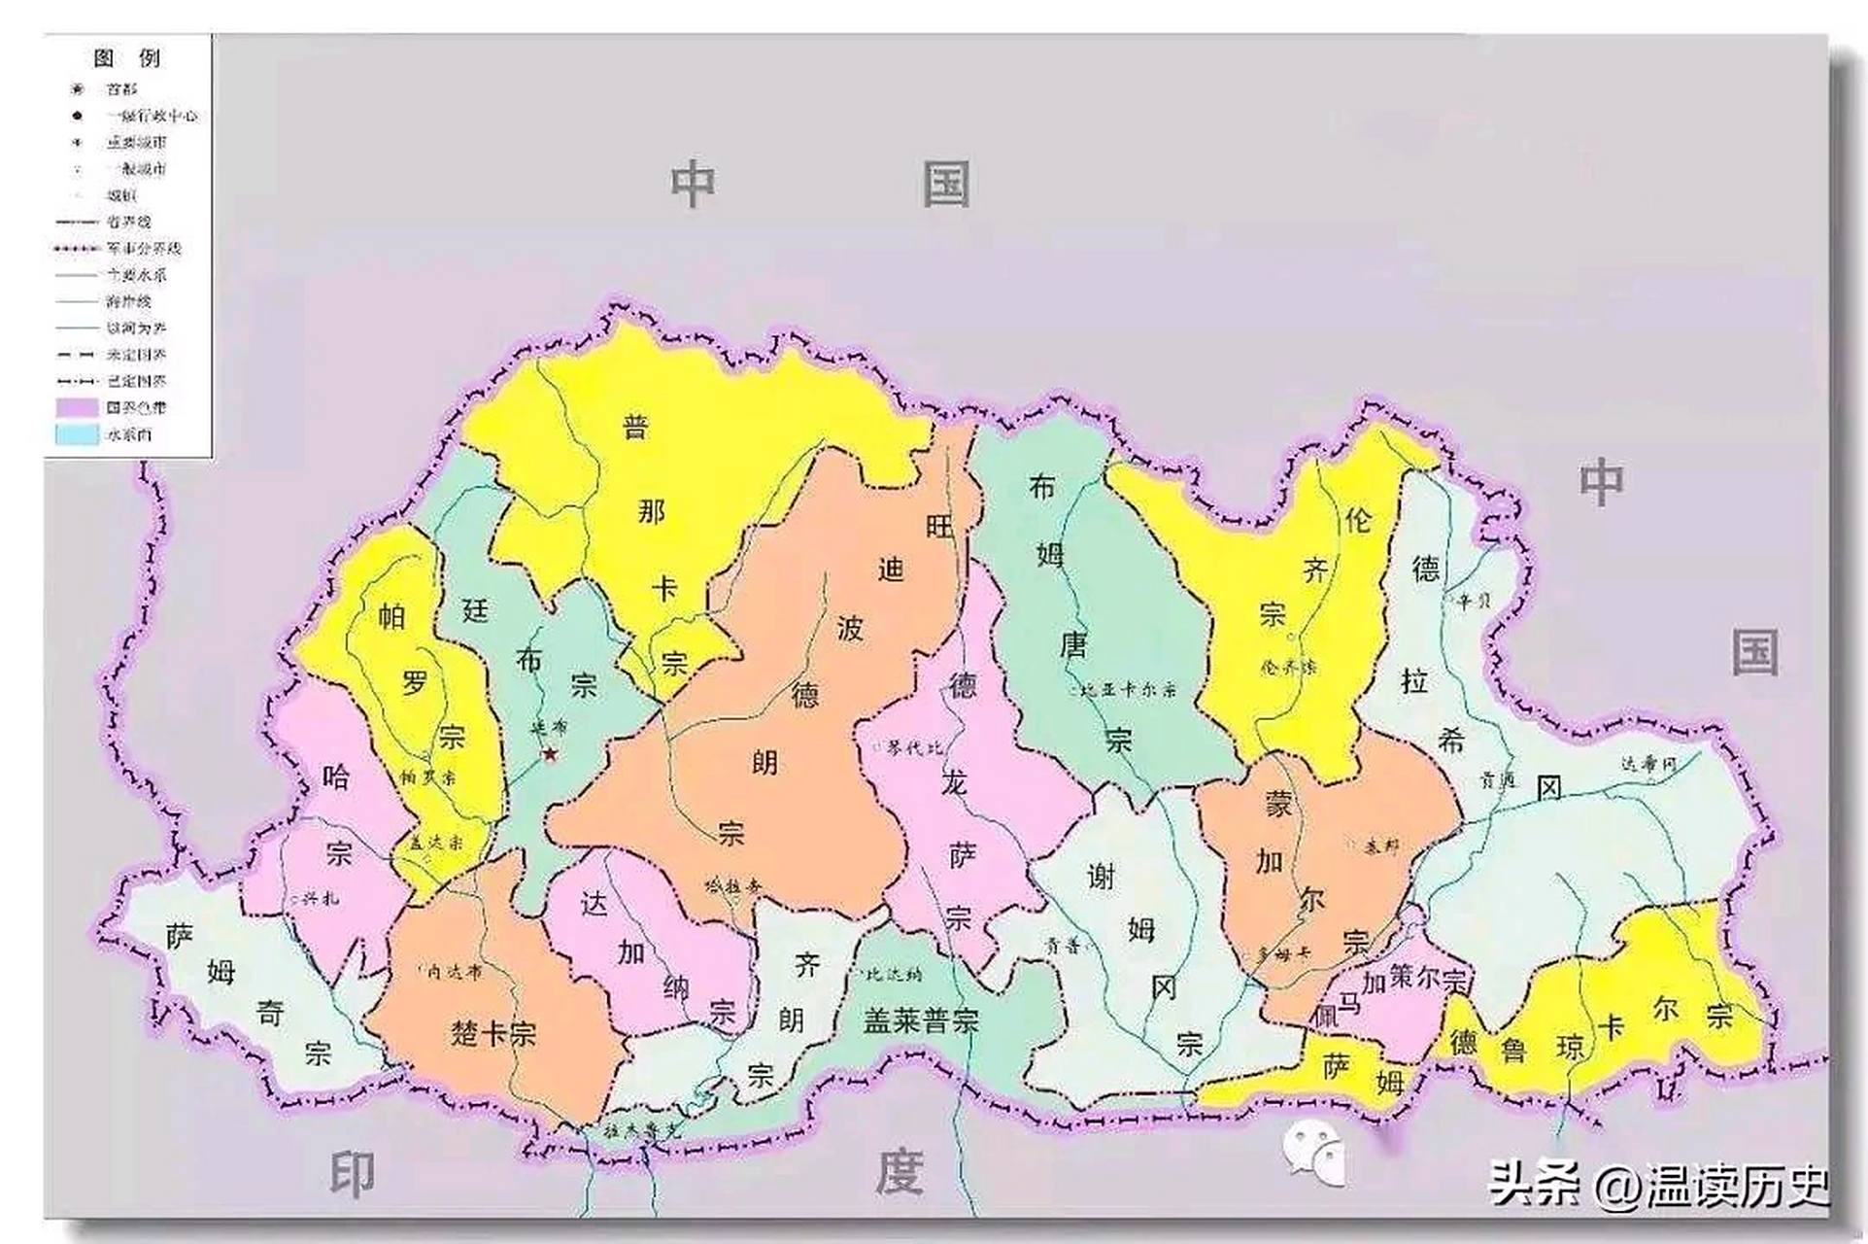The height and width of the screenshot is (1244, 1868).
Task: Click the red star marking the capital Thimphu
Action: [x=550, y=753]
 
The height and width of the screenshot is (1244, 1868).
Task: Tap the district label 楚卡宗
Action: [x=492, y=1032]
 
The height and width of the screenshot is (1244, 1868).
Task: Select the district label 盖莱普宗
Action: [x=921, y=1020]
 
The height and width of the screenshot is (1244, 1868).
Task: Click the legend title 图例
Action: [x=127, y=58]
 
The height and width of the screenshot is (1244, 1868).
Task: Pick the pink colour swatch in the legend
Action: [x=77, y=408]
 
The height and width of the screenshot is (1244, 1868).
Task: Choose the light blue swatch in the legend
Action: [x=77, y=434]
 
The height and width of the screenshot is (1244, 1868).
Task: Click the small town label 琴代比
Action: [x=909, y=748]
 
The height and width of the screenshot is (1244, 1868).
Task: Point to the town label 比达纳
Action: [x=889, y=974]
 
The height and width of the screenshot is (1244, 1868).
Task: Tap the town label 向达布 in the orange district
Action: [x=454, y=971]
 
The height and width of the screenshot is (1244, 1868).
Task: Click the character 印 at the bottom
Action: [x=352, y=1174]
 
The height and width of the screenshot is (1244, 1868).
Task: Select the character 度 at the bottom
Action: [x=898, y=1172]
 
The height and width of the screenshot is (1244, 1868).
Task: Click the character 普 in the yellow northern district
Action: [x=635, y=426]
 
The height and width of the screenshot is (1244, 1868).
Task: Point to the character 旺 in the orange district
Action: [x=939, y=527]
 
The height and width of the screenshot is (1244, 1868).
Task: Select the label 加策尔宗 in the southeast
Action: [x=1412, y=980]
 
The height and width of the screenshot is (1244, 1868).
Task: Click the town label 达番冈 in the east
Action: [x=1647, y=765]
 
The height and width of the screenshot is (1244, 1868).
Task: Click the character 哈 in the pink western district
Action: [x=336, y=777]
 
